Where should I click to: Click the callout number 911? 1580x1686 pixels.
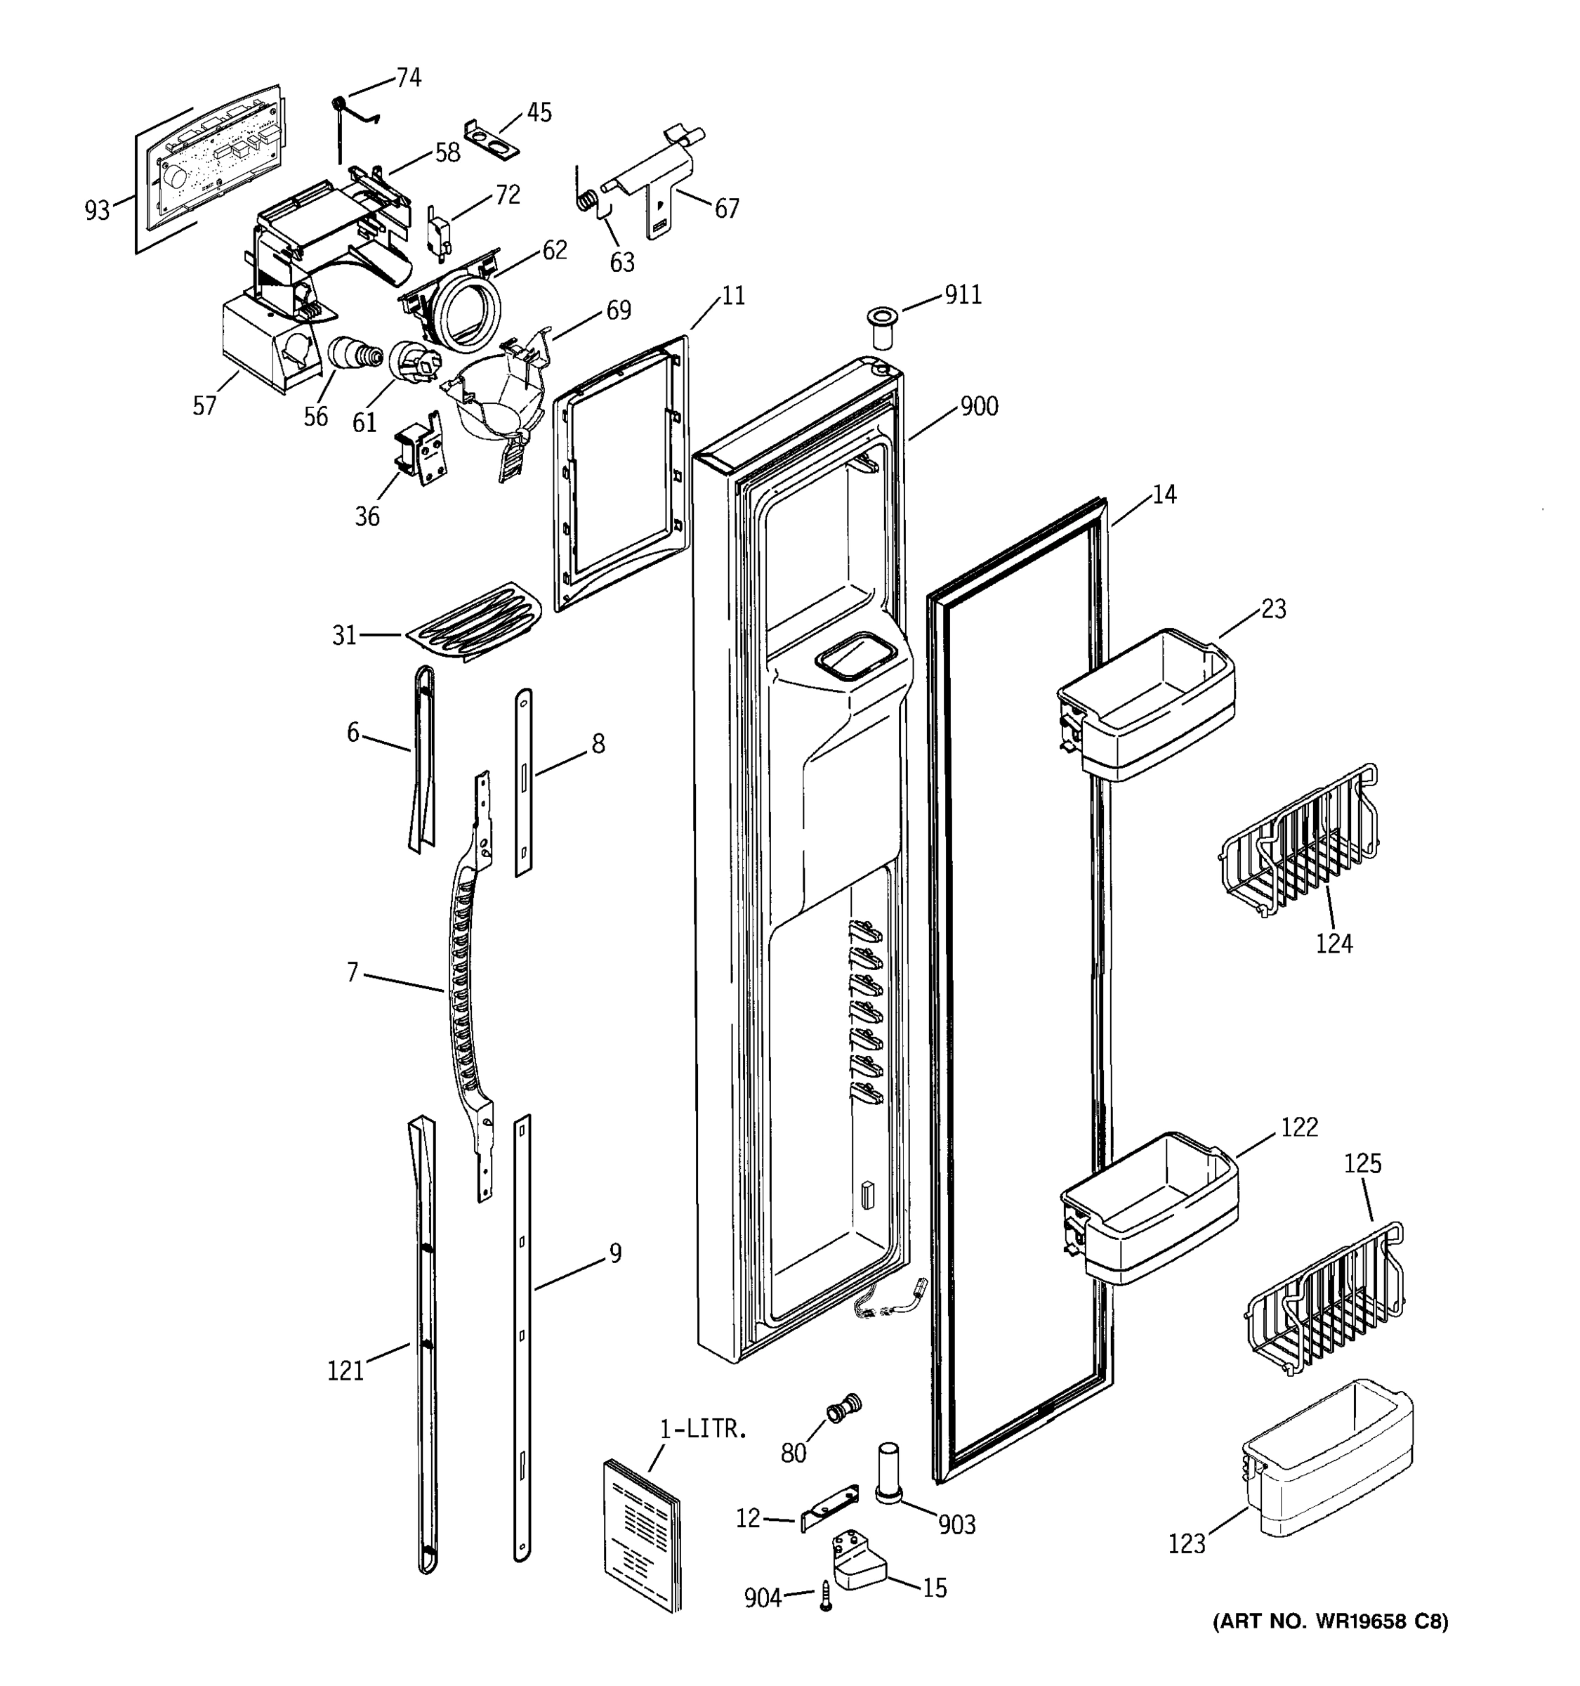point(963,294)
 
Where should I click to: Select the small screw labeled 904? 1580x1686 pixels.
point(826,1596)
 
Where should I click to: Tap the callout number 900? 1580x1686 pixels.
point(979,406)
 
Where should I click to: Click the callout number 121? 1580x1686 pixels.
point(345,1371)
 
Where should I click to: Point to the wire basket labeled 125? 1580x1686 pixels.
point(1322,1298)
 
